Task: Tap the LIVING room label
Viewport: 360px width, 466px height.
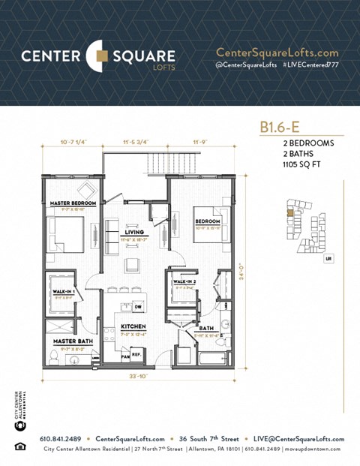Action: tap(134, 233)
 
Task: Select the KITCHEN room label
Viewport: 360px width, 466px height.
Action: tap(133, 326)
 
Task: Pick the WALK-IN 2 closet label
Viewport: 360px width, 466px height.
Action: tap(184, 281)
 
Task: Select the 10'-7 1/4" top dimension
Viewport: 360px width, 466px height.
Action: tap(72, 140)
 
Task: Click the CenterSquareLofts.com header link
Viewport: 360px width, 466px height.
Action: tap(277, 53)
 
